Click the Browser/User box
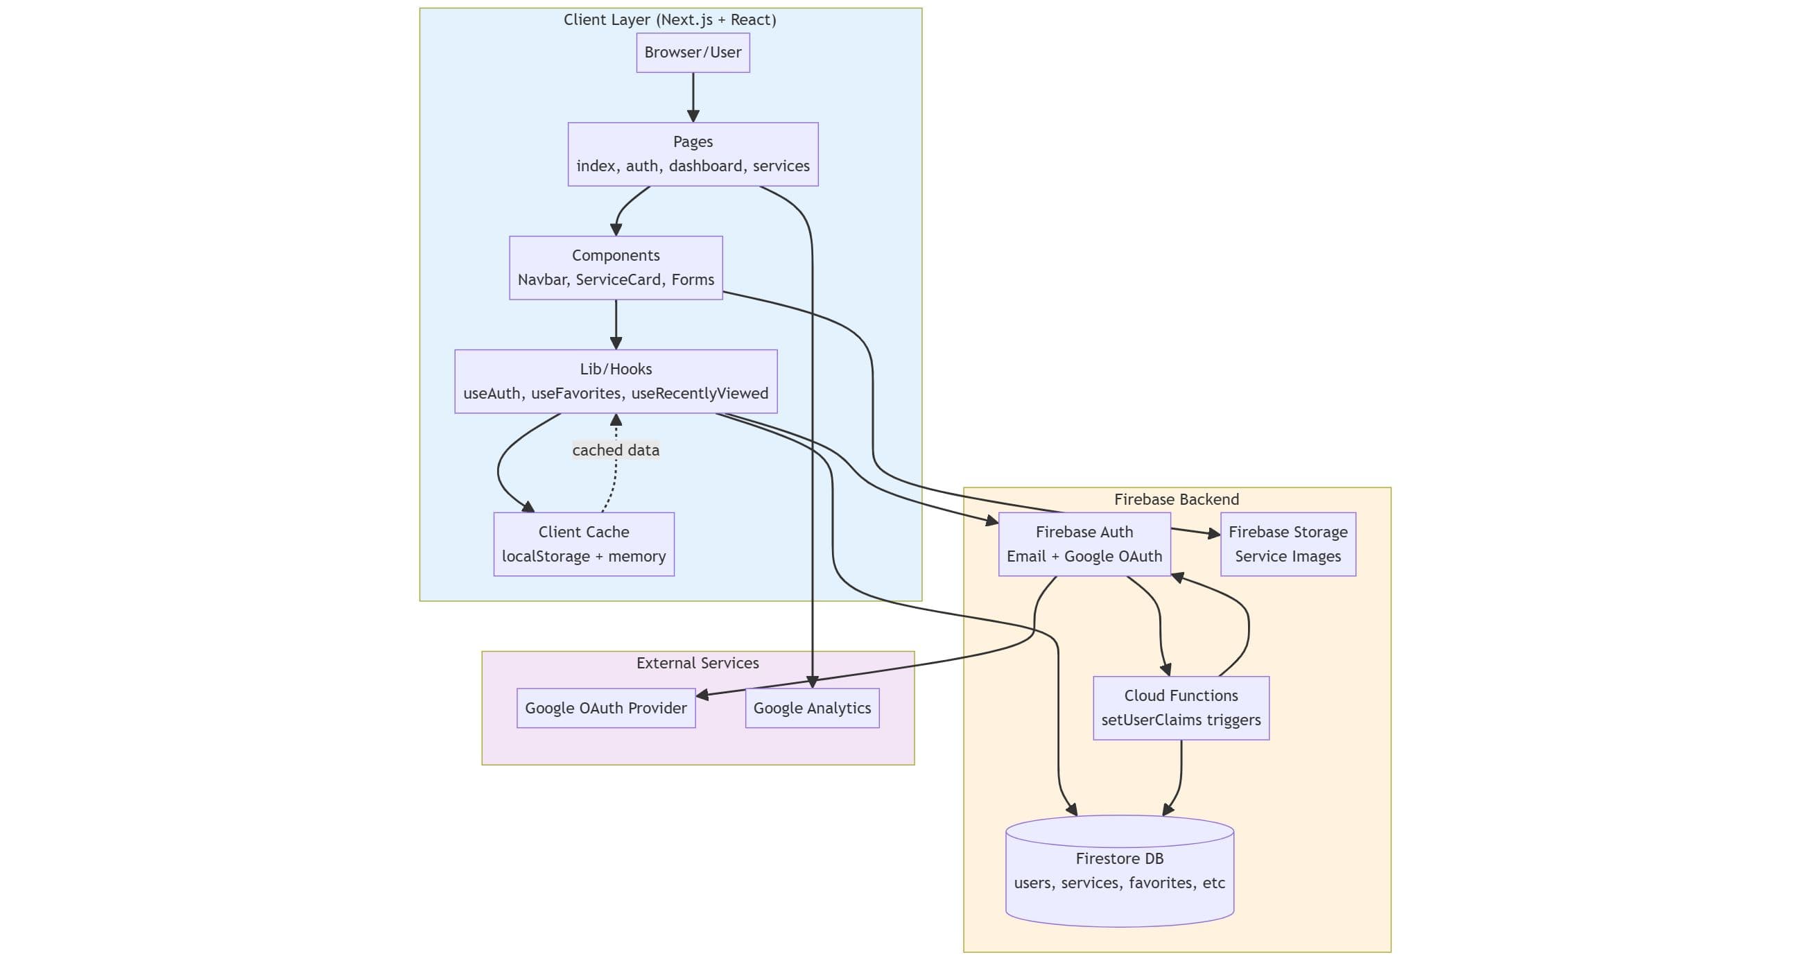click(693, 53)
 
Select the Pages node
click(693, 154)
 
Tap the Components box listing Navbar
click(615, 268)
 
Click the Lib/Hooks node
click(615, 381)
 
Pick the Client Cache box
click(584, 544)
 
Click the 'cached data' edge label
click(615, 450)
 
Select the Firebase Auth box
click(1084, 544)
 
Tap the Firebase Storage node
click(1288, 544)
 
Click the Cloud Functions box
click(1180, 708)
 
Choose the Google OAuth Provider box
click(605, 708)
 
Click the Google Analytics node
click(811, 708)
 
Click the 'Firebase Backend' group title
click(1176, 500)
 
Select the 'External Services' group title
click(697, 663)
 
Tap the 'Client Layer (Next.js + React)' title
click(670, 19)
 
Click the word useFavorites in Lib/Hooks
click(575, 394)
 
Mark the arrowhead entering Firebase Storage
click(1214, 535)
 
